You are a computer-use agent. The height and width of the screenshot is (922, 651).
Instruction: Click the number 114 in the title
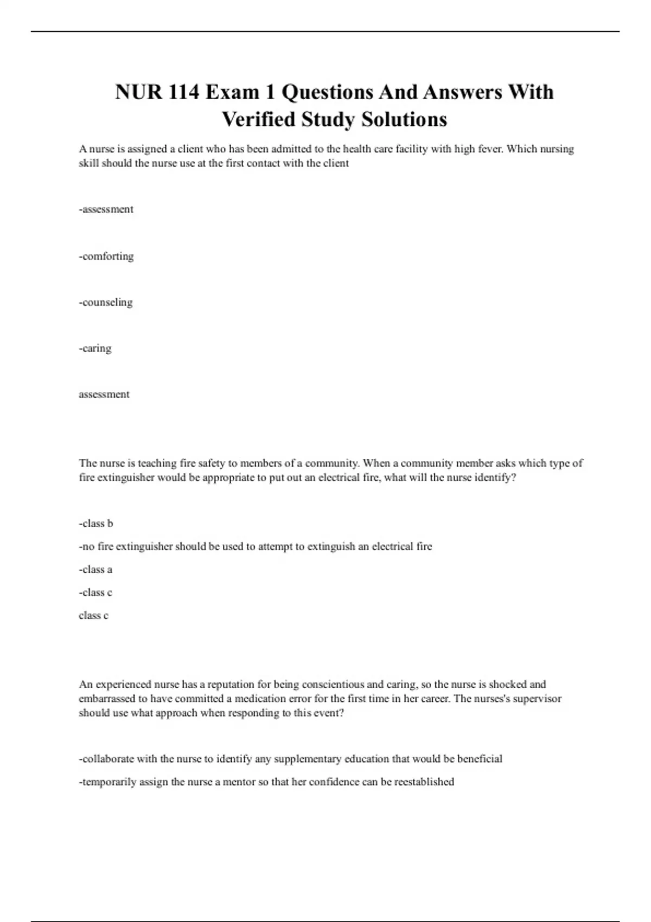tap(183, 92)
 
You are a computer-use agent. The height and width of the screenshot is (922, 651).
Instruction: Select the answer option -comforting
tap(106, 256)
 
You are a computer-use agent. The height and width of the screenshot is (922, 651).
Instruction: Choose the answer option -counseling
tap(106, 302)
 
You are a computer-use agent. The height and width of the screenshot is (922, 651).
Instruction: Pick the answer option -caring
tap(95, 348)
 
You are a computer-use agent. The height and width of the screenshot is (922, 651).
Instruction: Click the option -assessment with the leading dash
tap(106, 209)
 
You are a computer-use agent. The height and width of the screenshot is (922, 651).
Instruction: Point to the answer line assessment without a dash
tap(104, 394)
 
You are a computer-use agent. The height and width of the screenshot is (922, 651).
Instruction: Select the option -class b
tap(96, 523)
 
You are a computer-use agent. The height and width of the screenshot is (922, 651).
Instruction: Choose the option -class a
tap(95, 569)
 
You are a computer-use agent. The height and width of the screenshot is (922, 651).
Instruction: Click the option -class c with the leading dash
tap(95, 592)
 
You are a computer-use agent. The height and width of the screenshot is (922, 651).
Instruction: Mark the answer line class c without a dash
tap(93, 616)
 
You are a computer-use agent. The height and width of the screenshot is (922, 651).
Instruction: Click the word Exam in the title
tap(232, 92)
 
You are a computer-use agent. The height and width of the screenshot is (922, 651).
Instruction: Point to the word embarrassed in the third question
tap(107, 699)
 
